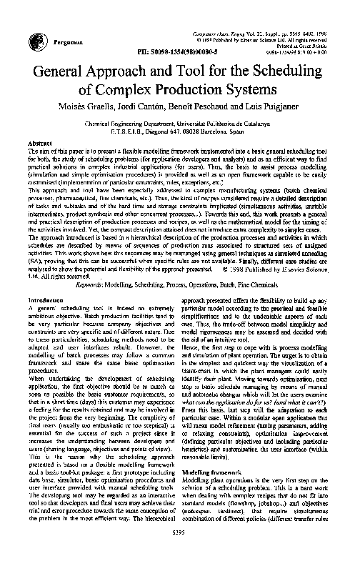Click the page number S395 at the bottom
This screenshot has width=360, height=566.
(179, 550)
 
